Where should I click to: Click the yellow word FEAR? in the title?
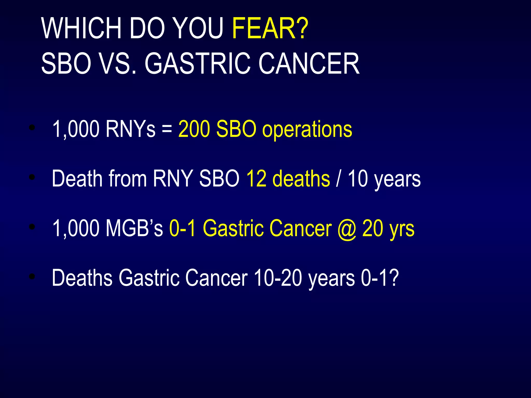tap(270, 28)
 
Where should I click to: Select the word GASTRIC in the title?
tap(197, 64)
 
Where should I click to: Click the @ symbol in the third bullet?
tap(347, 229)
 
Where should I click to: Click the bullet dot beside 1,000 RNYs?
tap(32, 127)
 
